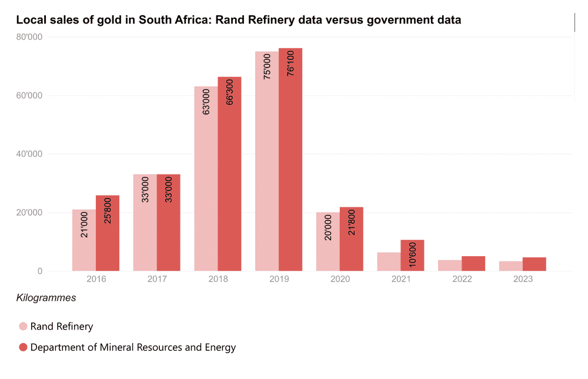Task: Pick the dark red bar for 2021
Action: click(412, 256)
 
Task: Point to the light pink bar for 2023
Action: click(511, 266)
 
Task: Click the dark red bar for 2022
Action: click(473, 264)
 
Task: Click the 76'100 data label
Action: click(290, 63)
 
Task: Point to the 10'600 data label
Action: click(412, 254)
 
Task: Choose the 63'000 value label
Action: click(206, 100)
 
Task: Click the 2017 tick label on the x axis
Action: click(157, 279)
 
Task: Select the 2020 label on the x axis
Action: click(340, 279)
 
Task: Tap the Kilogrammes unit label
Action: click(46, 298)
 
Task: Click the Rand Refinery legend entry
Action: click(62, 326)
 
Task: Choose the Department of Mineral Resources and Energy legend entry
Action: click(133, 347)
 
